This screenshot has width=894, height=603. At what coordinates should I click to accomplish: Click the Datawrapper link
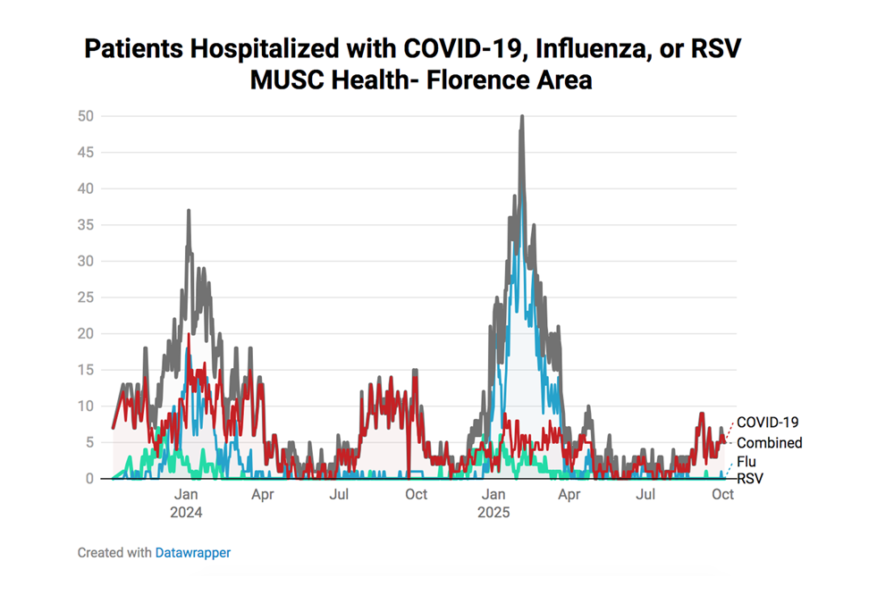(192, 553)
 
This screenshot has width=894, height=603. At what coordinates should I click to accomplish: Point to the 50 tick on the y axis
(86, 116)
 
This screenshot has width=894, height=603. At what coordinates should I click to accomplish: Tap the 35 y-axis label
(86, 225)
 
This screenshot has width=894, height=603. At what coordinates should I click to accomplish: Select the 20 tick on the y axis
(86, 333)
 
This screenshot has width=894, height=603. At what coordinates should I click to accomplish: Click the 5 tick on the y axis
(90, 442)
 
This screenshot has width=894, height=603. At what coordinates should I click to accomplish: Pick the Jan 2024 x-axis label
(186, 503)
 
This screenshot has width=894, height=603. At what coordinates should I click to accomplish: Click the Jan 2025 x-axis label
(493, 503)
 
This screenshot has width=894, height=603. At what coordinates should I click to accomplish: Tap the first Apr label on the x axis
(262, 494)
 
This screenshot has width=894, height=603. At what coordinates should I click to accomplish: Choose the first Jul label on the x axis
(339, 494)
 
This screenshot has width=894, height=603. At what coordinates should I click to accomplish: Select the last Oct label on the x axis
(722, 494)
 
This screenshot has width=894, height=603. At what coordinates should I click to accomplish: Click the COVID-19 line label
(767, 423)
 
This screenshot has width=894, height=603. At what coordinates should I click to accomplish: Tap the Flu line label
(746, 463)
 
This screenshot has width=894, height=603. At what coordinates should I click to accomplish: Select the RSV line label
(749, 479)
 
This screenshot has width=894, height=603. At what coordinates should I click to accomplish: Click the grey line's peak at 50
(522, 117)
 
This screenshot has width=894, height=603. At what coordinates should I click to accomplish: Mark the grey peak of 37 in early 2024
(189, 211)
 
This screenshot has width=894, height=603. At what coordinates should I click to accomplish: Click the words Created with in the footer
(114, 553)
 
